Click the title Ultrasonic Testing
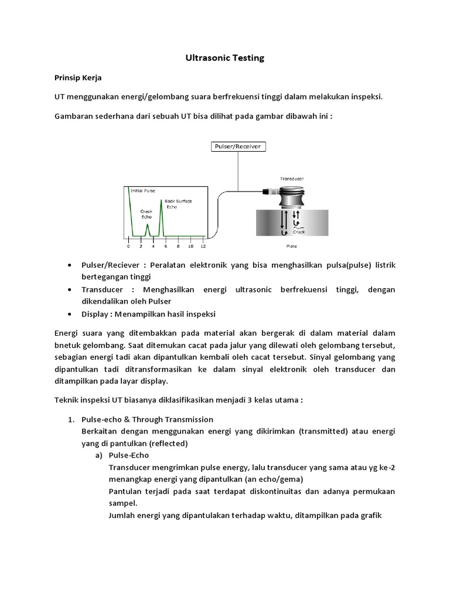[x=225, y=58]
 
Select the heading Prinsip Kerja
[x=78, y=77]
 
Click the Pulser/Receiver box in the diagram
[x=238, y=146]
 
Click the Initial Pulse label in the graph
[x=144, y=190]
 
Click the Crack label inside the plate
[x=299, y=232]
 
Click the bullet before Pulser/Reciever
[x=70, y=265]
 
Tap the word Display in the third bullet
[x=95, y=313]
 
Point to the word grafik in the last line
[x=369, y=515]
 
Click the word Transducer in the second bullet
[x=102, y=289]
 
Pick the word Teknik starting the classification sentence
[x=67, y=400]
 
